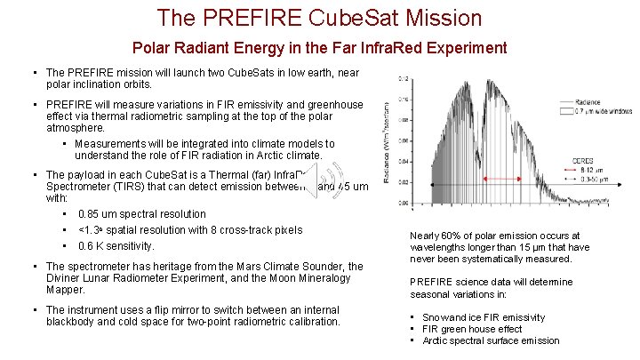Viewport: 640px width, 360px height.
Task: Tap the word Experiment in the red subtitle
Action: tap(460, 48)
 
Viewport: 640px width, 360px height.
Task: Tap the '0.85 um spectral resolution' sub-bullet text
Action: tap(142, 214)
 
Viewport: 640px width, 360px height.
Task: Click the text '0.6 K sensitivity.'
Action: tap(116, 246)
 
